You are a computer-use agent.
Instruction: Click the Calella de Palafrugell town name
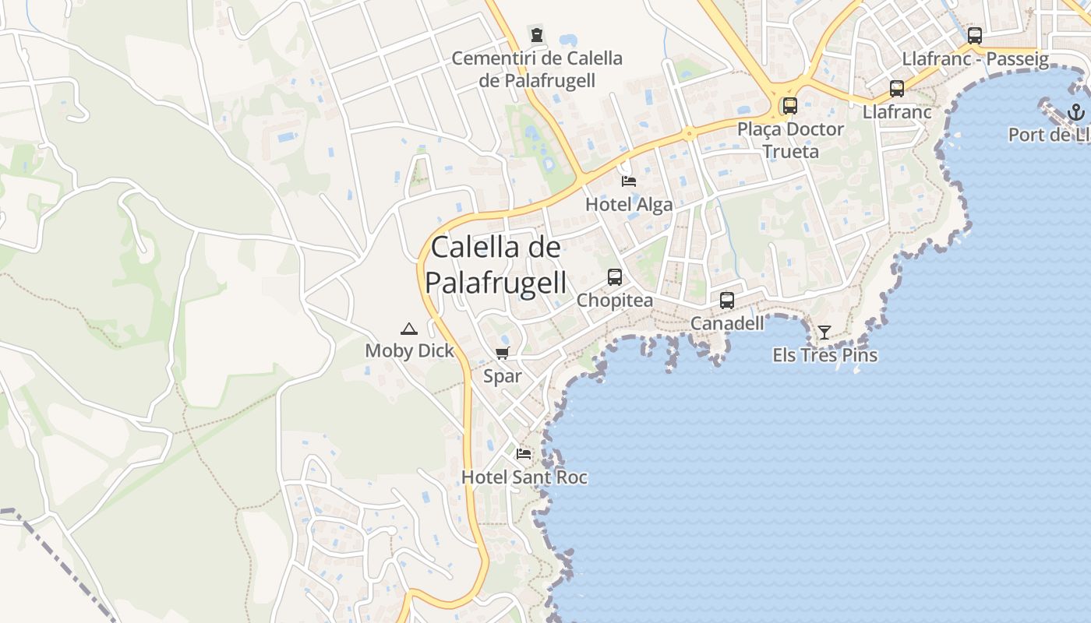coord(496,265)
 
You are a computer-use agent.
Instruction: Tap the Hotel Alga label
coord(628,205)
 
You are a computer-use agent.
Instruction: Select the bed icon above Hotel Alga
coord(629,181)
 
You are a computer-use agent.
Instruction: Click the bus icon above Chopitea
coord(615,277)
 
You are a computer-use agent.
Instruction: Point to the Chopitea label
coord(615,301)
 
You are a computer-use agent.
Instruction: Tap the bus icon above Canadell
coord(727,300)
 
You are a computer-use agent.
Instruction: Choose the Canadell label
coord(727,322)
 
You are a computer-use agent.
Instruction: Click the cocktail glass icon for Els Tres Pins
coord(824,333)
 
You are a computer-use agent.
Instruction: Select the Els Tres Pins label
coord(824,355)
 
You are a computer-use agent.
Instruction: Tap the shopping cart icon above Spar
coord(503,354)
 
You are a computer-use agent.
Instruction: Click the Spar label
coord(503,377)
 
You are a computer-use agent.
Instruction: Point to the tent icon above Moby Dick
coord(409,329)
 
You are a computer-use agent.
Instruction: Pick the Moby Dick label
coord(409,351)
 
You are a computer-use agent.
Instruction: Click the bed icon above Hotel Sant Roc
coord(524,453)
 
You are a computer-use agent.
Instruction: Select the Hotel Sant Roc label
coord(524,477)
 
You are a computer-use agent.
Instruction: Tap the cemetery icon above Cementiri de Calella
coord(536,35)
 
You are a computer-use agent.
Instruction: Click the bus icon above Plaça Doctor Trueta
coord(790,106)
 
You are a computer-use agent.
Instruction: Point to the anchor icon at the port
coord(1076,112)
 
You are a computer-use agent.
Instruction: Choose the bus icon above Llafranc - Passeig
coord(975,35)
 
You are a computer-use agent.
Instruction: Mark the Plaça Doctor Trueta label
coord(790,139)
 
